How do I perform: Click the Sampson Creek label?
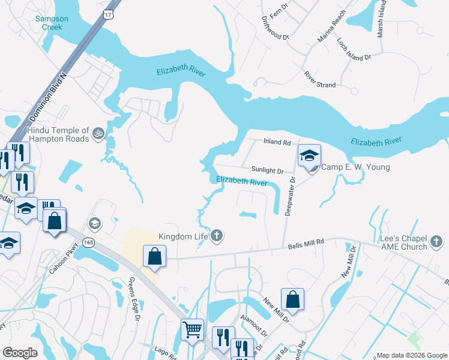click(x=52, y=23)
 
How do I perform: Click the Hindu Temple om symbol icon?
click(x=98, y=131)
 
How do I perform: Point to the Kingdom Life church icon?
click(x=217, y=236)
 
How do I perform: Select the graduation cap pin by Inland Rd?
click(x=309, y=156)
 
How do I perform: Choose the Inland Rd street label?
click(x=277, y=143)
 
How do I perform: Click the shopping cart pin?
click(x=192, y=329)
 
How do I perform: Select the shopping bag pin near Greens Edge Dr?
click(x=154, y=256)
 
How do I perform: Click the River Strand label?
click(x=320, y=80)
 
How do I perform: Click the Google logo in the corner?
click(x=20, y=353)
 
